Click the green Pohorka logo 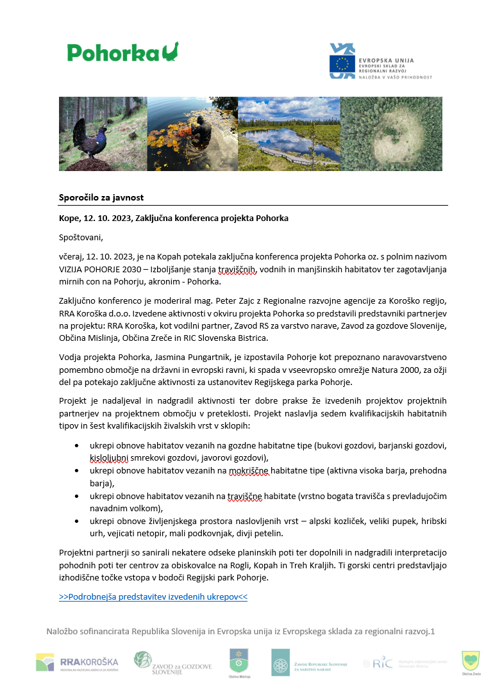coord(122,52)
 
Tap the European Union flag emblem coord(342,63)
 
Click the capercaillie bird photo coord(103,134)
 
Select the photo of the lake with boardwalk coord(289,134)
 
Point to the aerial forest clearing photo coord(391,134)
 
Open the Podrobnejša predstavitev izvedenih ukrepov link coord(153,596)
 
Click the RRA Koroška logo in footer coord(78,662)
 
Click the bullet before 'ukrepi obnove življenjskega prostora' coord(77,519)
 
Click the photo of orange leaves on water coord(192,134)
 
